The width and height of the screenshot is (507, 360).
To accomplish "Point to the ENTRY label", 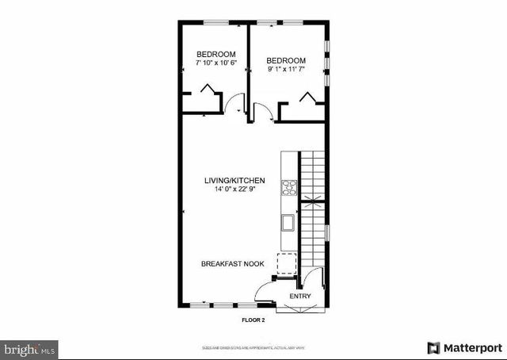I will [300, 297].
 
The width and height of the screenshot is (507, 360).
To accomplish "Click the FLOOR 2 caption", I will [253, 320].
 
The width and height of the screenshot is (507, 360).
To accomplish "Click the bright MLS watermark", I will [30, 348].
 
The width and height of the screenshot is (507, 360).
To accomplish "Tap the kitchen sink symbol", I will [288, 223].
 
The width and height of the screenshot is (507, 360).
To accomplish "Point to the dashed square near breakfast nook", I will [285, 262].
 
